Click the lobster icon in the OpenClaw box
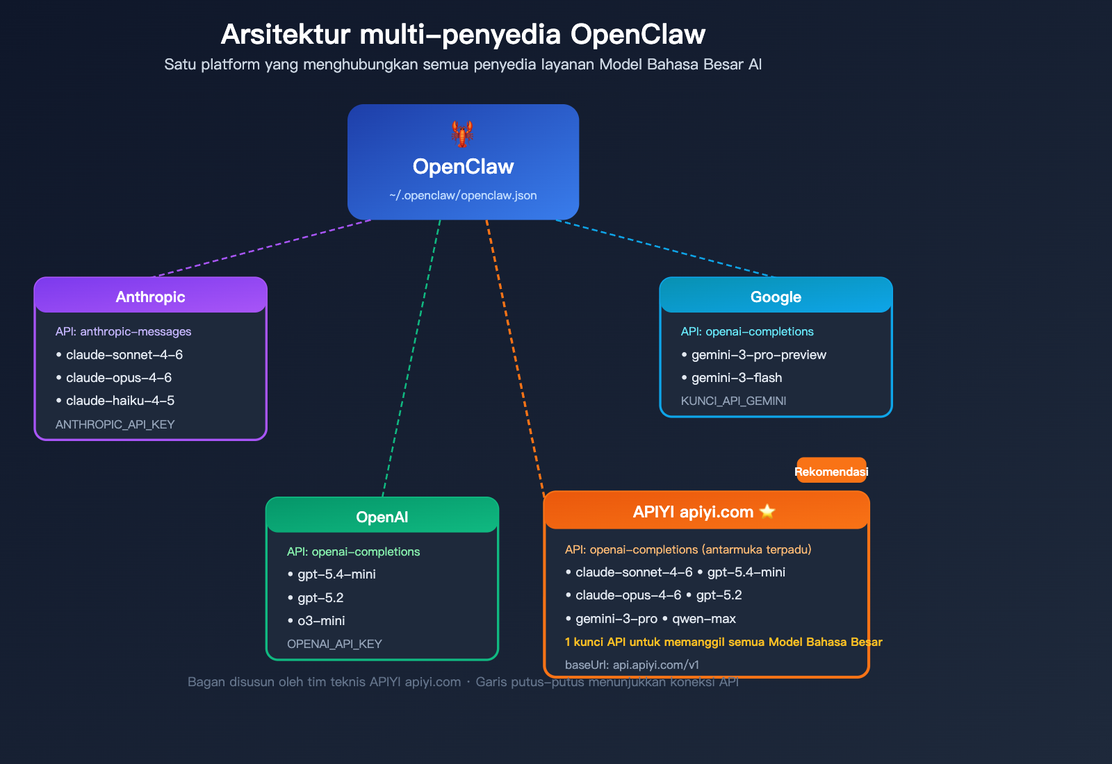(462, 133)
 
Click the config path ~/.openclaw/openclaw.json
(463, 196)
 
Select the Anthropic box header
(150, 297)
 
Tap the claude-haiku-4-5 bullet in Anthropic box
(120, 401)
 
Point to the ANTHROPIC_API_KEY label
(115, 424)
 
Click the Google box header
(776, 297)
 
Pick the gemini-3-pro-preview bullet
(758, 355)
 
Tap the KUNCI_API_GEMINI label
(733, 401)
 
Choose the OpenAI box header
(382, 517)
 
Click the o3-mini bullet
(320, 621)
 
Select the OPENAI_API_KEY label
(334, 644)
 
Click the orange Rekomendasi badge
(831, 472)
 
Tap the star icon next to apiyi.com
(767, 512)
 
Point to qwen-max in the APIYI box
(703, 619)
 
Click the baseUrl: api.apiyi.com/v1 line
(632, 665)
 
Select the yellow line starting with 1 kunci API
(723, 642)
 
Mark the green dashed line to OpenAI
(411, 358)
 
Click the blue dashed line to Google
(664, 248)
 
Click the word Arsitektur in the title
(285, 34)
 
